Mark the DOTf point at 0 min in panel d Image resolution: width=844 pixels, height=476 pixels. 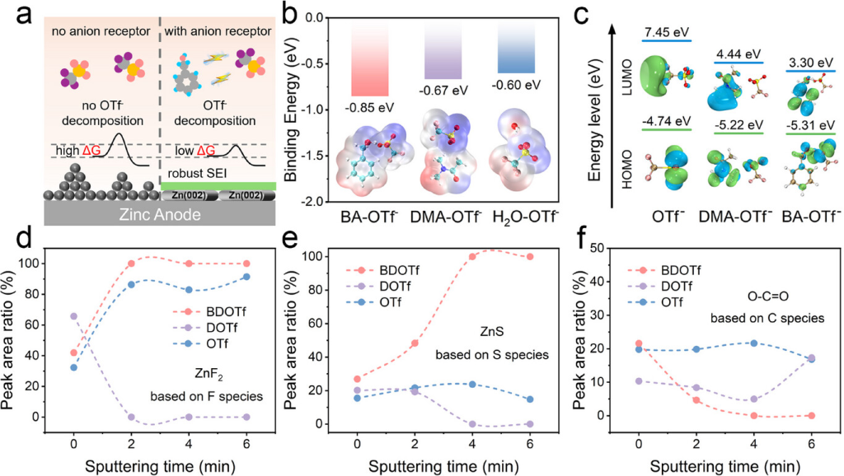(73, 316)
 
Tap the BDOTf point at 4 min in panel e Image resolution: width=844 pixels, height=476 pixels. (495, 257)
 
